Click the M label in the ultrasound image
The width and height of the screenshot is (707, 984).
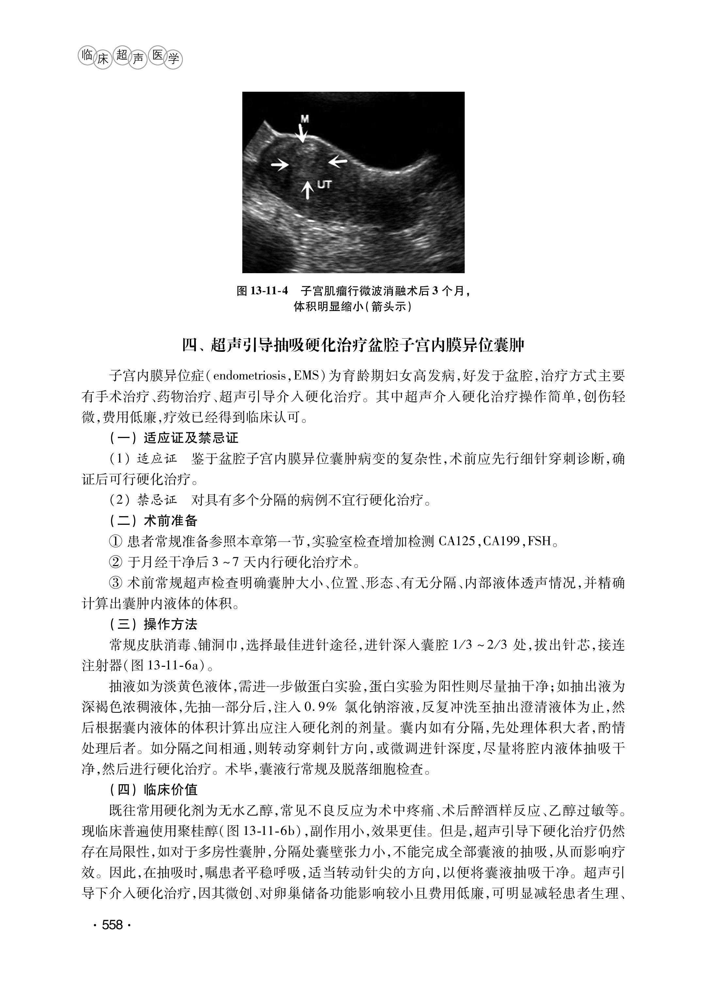305,119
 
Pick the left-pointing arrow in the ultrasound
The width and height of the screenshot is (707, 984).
338,162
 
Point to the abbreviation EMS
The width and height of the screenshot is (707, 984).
307,376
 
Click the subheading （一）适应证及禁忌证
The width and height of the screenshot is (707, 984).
174,438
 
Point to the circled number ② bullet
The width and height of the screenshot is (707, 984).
116,563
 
